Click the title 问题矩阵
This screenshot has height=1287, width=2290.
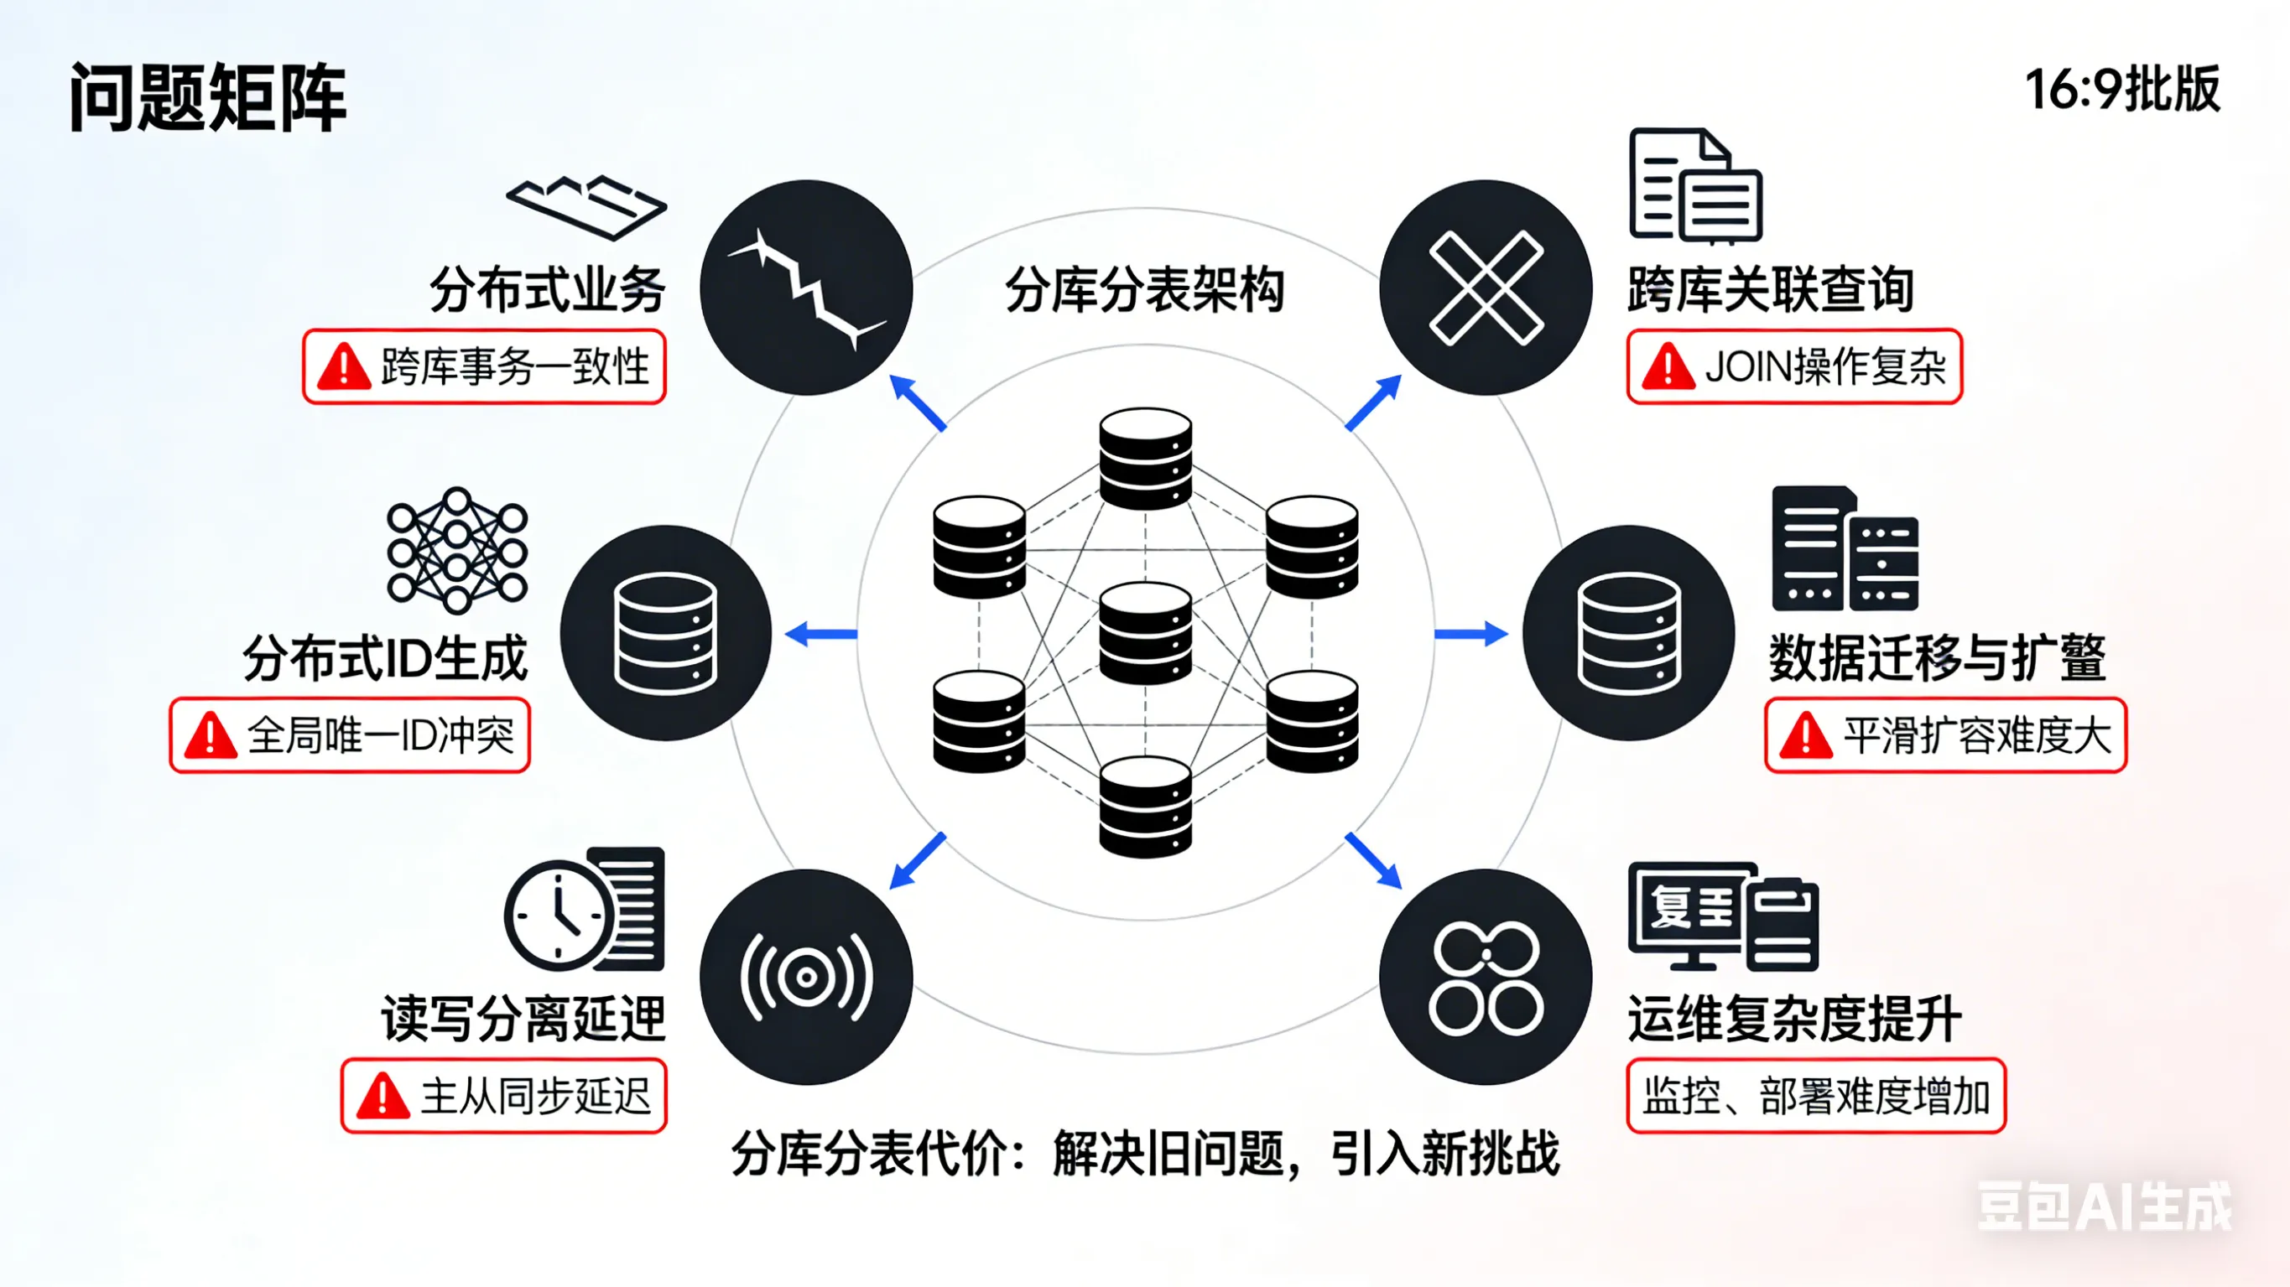point(207,98)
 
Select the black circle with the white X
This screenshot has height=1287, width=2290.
point(1486,288)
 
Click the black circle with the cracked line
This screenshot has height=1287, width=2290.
point(806,288)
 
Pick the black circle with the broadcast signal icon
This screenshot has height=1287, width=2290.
point(806,977)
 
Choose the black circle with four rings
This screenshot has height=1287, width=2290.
point(1486,977)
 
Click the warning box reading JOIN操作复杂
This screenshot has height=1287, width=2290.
point(1794,367)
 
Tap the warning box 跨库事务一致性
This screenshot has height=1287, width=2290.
point(485,367)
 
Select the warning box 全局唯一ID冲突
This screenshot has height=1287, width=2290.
point(351,735)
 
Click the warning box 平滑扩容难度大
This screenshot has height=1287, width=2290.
point(1945,735)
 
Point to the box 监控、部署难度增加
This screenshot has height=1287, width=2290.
point(1815,1095)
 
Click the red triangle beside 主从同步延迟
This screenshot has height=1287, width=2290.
point(383,1096)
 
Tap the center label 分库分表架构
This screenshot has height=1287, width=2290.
point(1145,290)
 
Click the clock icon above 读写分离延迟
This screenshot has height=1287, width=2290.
point(559,914)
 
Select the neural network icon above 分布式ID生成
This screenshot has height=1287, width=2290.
point(457,550)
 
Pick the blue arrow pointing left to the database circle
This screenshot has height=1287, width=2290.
point(821,634)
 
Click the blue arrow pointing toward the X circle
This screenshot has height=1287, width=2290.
point(1373,403)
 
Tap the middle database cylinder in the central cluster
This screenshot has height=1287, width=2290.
point(1145,633)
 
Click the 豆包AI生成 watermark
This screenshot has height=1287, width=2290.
point(2103,1207)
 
